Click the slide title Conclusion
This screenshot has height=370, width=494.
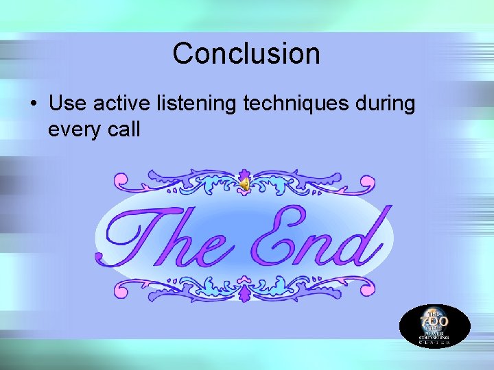(246, 53)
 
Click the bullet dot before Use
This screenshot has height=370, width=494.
(33, 105)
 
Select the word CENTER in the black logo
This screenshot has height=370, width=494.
(434, 343)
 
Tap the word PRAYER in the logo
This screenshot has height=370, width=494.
(434, 332)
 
